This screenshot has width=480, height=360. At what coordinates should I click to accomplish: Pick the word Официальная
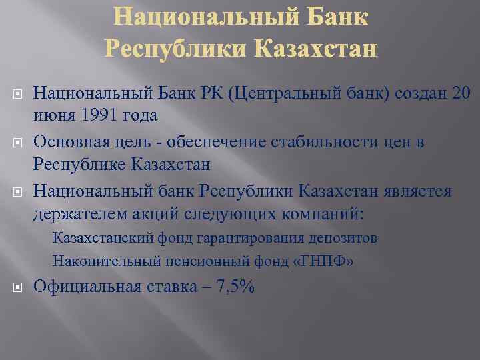tap(87, 287)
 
